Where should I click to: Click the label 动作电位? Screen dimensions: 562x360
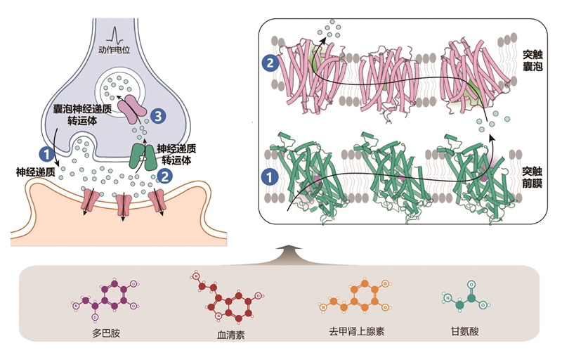coord(114,50)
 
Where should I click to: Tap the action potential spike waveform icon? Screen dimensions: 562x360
coord(115,35)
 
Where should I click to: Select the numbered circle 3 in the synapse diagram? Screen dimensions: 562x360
coord(157,116)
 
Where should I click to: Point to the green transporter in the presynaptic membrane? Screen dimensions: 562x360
coord(143,157)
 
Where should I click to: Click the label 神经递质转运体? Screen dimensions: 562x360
coord(177,155)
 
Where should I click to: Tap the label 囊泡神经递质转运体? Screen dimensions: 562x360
coord(82,115)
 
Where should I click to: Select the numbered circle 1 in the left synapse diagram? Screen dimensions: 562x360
coord(46,155)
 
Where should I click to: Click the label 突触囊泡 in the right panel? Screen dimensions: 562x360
coord(532,60)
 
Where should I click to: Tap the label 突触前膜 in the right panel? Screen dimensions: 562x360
coord(532,177)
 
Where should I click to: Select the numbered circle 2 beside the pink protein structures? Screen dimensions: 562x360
coord(270,63)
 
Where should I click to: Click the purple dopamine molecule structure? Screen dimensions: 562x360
coord(105,299)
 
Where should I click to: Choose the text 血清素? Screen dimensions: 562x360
coord(231,335)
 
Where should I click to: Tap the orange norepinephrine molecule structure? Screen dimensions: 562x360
coord(355,295)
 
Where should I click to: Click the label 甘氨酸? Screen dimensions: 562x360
coord(465,331)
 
